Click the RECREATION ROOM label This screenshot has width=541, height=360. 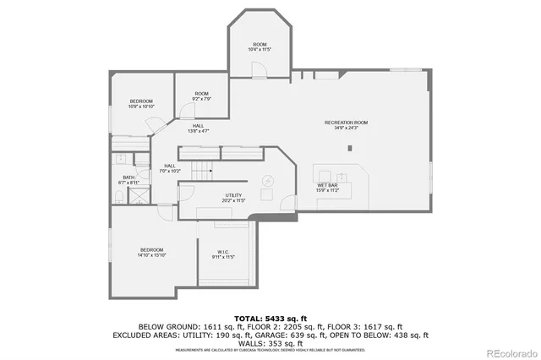[347, 125]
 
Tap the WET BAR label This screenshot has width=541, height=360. [328, 188]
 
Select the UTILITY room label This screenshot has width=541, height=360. [233, 198]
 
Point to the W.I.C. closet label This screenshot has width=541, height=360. [225, 254]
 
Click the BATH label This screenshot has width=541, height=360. [128, 179]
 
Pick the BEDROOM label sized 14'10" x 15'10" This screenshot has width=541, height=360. [152, 252]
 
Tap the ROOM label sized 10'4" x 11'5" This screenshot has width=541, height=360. [260, 46]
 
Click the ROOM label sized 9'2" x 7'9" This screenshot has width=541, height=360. [201, 96]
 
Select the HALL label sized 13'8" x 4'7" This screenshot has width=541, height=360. [198, 128]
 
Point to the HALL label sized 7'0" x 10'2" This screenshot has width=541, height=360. [170, 168]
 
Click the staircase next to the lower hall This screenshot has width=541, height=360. [199, 172]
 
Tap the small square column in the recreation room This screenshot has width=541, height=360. [349, 149]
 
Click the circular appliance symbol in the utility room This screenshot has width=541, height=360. [267, 180]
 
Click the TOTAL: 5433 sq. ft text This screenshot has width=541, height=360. [270, 318]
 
